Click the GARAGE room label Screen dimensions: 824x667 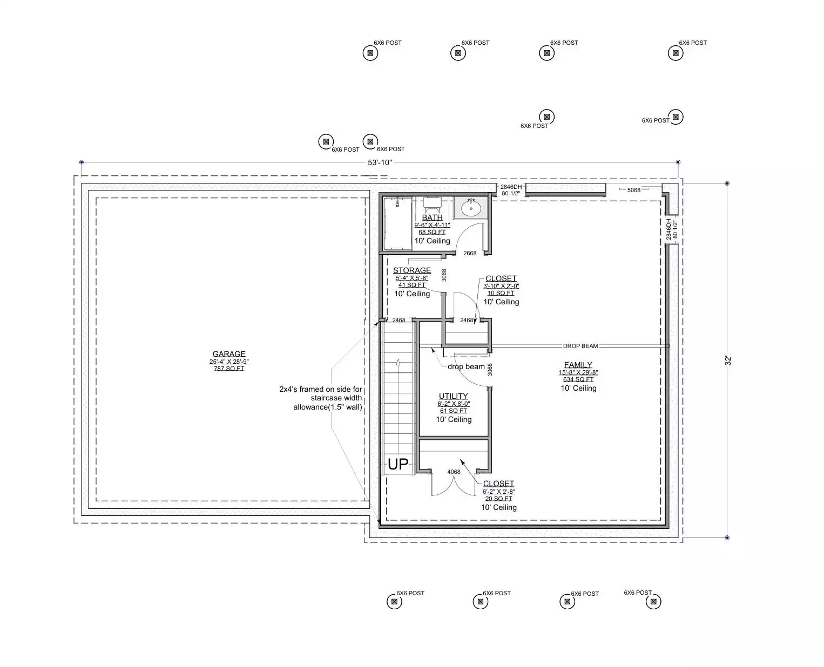pos(228,354)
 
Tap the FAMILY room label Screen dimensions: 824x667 pos(578,365)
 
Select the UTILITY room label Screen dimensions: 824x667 pos(454,396)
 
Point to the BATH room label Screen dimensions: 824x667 pos(432,217)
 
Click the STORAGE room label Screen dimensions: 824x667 pos(412,270)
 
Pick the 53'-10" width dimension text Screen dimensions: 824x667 pos(380,162)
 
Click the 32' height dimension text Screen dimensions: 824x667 pos(728,360)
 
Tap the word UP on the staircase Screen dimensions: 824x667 pos(398,464)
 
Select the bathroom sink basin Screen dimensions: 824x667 pos(471,209)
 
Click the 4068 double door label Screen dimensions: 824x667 pos(454,472)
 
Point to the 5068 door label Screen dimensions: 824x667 pos(634,190)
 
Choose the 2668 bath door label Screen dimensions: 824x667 pos(470,253)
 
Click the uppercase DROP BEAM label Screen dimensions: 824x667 pos(580,346)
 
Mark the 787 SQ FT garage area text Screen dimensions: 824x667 pos(229,369)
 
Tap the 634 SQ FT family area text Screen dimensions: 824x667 pos(578,379)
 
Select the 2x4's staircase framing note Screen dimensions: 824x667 pos(321,398)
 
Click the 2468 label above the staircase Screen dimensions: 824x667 pos(399,320)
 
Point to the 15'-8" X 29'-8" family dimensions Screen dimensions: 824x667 pos(578,372)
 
